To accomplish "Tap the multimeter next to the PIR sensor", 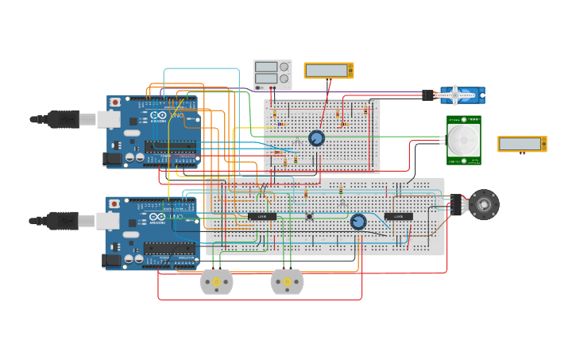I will coord(521,144).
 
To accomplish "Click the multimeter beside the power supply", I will coord(328,71).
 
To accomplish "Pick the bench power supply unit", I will coord(272,75).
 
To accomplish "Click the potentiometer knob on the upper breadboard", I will coord(316,138).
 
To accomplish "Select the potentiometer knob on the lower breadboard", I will coord(358,222).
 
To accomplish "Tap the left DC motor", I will coord(216,281).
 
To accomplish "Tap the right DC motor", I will coord(287,281).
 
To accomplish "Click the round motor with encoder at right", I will coord(483,204).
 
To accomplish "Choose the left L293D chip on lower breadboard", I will coord(261,216).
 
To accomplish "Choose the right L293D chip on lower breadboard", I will coord(398,216).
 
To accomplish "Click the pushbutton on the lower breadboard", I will coord(309,216).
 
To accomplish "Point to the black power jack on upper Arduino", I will coord(113,159).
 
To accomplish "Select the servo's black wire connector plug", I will coord(428,95).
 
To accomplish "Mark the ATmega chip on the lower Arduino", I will coord(169,248).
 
